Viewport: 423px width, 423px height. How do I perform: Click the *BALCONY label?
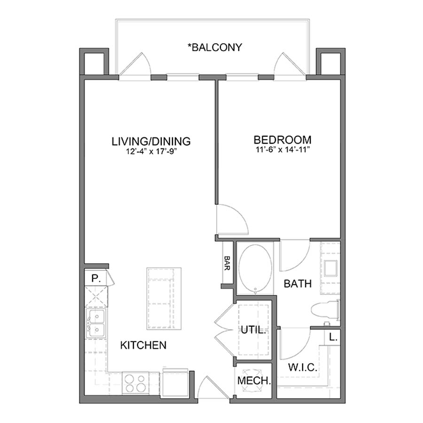coord(215,47)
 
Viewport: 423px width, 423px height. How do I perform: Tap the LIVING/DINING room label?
coord(151,141)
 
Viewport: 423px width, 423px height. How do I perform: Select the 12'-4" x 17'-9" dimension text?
coord(151,152)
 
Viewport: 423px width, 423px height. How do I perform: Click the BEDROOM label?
coord(282,140)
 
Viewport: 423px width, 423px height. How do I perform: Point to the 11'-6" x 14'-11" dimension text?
coord(282,151)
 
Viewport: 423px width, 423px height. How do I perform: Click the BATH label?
coord(298,283)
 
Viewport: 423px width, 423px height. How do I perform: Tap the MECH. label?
coord(254,380)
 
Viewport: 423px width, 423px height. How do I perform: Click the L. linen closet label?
coord(332,337)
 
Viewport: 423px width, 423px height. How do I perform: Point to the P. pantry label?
coord(95,278)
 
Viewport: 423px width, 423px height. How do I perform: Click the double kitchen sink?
coord(96,323)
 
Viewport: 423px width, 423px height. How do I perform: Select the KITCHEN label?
coord(143,345)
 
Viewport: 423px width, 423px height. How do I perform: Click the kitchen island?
coord(163,298)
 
